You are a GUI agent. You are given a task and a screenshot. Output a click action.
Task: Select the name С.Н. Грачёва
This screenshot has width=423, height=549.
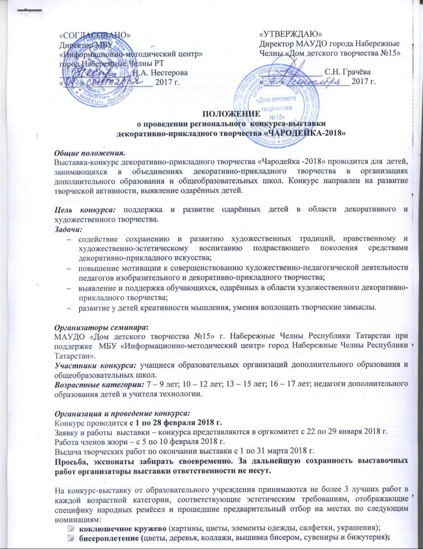click(x=347, y=72)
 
